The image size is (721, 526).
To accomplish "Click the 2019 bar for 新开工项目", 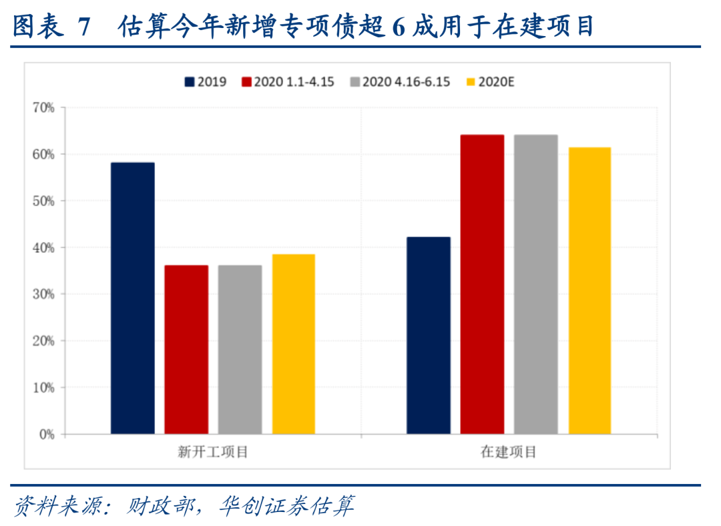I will click(x=132, y=298).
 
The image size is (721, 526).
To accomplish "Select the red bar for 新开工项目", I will click(x=186, y=350).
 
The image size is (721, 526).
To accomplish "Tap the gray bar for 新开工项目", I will click(x=240, y=350).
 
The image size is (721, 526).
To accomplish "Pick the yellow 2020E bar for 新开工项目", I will click(x=293, y=344).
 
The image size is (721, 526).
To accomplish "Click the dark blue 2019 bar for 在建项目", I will click(x=429, y=336).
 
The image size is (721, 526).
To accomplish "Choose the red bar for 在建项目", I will click(x=482, y=284).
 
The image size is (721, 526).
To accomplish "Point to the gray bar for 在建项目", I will click(x=535, y=284).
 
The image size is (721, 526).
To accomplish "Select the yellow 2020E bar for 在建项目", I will click(x=589, y=290).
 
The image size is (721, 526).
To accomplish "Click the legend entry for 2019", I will click(x=206, y=82).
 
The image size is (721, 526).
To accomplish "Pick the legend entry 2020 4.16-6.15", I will click(x=399, y=82).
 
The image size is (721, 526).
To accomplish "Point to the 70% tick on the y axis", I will click(x=43, y=107).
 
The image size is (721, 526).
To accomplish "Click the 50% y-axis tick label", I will click(x=43, y=201).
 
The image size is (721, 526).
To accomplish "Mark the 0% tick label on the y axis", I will click(x=46, y=435).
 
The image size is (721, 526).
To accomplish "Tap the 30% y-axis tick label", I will click(x=43, y=294).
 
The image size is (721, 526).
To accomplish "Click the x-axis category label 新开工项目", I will click(x=213, y=452).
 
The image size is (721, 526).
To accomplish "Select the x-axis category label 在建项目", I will click(x=509, y=452).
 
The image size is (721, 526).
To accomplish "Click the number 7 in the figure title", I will click(x=83, y=27).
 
